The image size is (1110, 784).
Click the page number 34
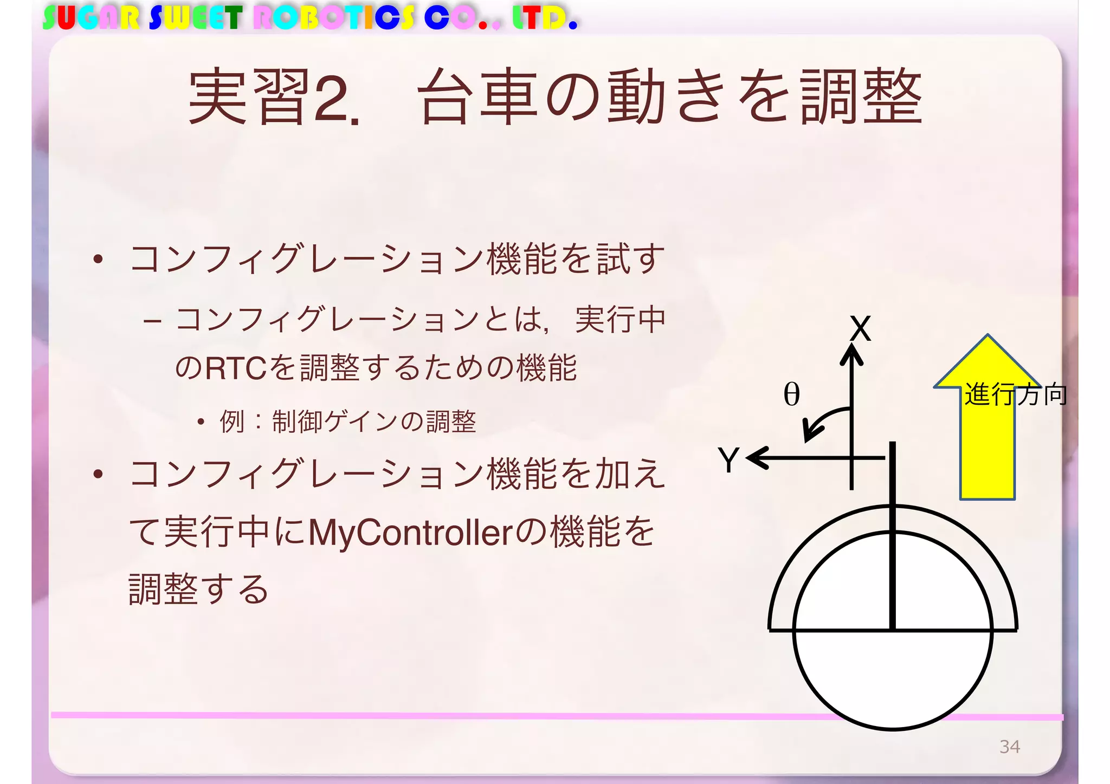click(1009, 747)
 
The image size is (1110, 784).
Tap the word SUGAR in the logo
click(91, 18)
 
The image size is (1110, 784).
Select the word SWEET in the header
click(195, 18)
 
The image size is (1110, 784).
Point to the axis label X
click(860, 328)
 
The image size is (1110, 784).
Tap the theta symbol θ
click(791, 394)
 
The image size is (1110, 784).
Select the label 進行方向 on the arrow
click(1016, 394)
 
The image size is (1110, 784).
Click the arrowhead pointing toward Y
click(757, 458)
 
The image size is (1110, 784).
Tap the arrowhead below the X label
click(851, 355)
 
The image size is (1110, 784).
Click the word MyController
click(410, 533)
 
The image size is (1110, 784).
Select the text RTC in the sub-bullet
click(236, 368)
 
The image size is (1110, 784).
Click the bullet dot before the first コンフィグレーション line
click(98, 259)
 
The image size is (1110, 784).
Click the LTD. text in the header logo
click(544, 18)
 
